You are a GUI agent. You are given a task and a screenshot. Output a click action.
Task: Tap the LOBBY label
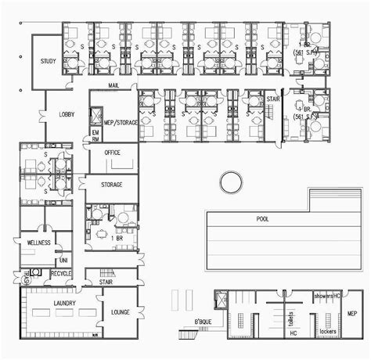[67, 115]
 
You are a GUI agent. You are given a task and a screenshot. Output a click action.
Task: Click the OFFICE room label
[112, 153]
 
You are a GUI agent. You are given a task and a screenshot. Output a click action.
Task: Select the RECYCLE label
[61, 273]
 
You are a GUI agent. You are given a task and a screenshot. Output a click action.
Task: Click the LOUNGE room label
[120, 312]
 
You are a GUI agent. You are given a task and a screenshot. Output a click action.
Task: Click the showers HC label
[326, 297]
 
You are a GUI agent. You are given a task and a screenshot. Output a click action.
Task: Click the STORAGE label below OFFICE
[113, 185]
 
